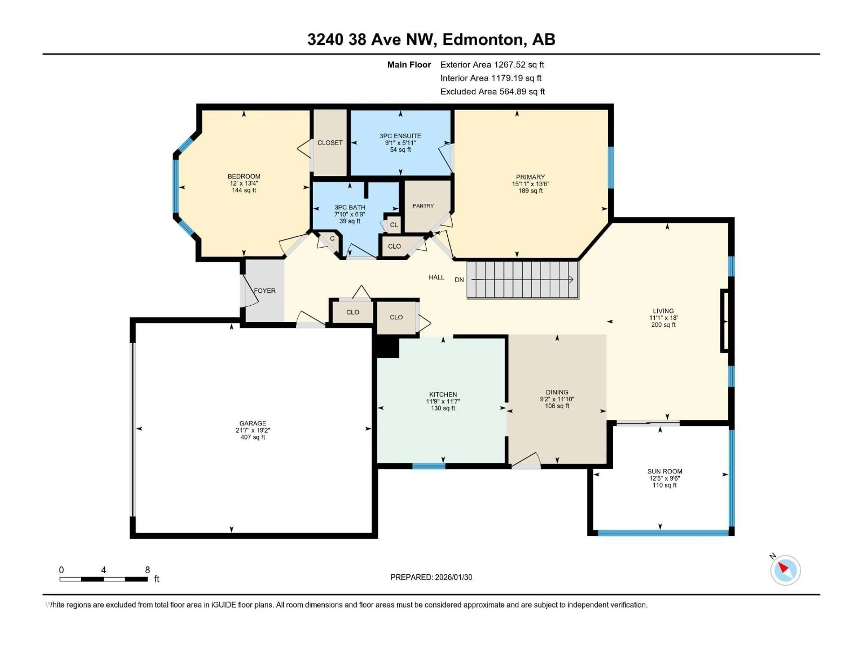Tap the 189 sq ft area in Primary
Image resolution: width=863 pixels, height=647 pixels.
click(530, 191)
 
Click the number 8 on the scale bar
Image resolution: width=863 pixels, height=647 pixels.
click(147, 570)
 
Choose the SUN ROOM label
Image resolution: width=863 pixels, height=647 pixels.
click(664, 471)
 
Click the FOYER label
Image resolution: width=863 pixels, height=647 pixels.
click(265, 290)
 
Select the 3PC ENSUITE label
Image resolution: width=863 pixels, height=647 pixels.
click(400, 136)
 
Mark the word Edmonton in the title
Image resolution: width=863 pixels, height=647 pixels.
click(483, 39)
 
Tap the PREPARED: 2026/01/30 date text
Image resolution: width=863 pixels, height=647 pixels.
click(431, 577)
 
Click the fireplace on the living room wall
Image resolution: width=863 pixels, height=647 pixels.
click(725, 321)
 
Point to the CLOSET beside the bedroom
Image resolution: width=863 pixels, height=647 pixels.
click(330, 143)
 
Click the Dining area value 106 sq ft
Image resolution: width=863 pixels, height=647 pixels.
click(557, 406)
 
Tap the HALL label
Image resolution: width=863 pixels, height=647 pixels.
click(436, 277)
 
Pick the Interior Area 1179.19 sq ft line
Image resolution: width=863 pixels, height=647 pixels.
click(490, 78)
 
